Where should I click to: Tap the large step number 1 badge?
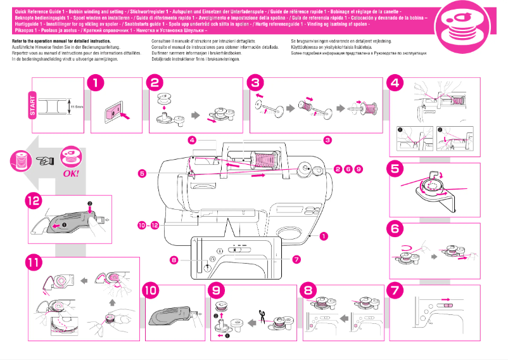click(x=96, y=82)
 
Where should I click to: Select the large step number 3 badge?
click(x=255, y=82)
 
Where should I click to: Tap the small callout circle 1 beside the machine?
click(x=324, y=236)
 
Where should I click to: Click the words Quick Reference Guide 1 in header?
click(x=34, y=6)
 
